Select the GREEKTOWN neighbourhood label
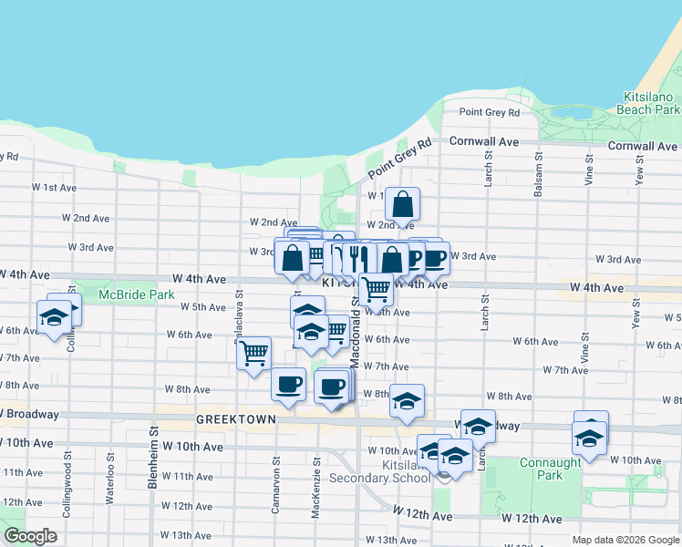tap(229, 420)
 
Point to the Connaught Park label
tap(550, 469)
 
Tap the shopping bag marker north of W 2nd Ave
tap(401, 204)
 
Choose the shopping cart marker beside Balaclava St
tap(253, 353)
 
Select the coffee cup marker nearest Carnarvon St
tap(288, 384)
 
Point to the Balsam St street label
tap(539, 178)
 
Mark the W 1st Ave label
tap(54, 187)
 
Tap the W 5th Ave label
tap(202, 307)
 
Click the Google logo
tap(30, 536)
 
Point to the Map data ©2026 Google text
tap(625, 540)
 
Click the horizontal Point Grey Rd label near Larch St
tap(489, 113)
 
